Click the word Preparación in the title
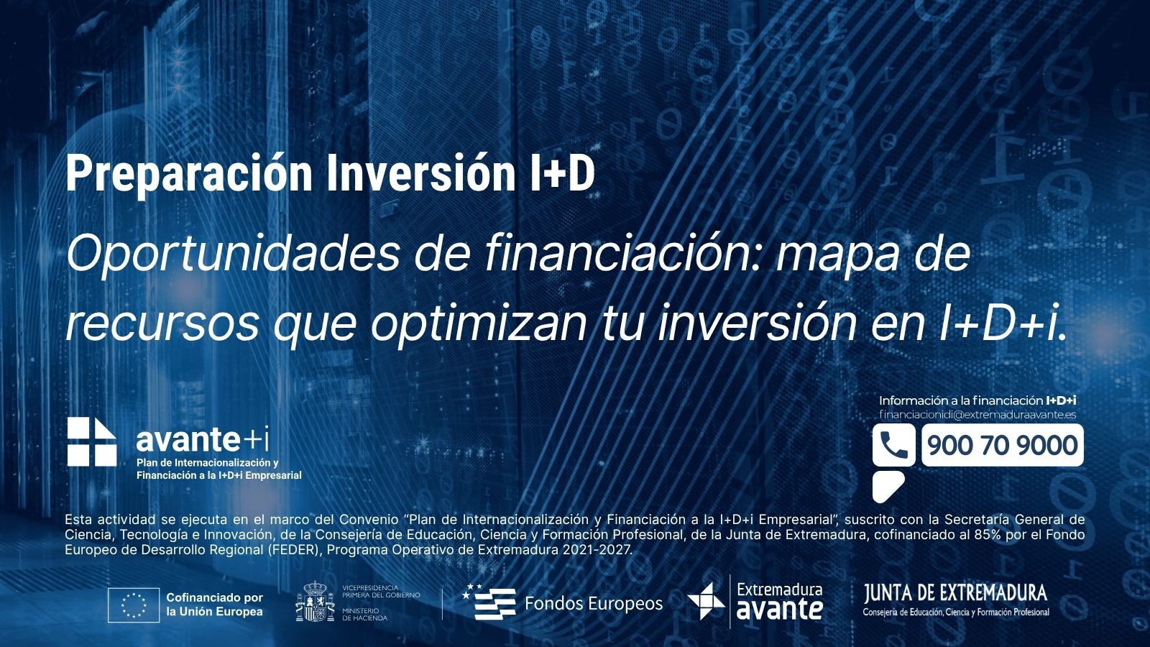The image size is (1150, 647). [189, 175]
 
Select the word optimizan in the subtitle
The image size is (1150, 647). [479, 325]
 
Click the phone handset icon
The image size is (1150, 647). [894, 445]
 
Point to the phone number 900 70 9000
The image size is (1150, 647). [1003, 445]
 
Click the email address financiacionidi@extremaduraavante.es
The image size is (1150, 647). [977, 414]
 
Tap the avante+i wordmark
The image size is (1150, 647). [202, 439]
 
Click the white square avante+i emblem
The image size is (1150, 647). [92, 441]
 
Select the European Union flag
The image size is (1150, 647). [134, 605]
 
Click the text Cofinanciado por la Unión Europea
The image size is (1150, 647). [215, 605]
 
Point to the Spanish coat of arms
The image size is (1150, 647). [315, 601]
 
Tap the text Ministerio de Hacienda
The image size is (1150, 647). [365, 614]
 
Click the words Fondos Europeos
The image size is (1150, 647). [594, 603]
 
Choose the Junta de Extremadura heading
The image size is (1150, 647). [955, 593]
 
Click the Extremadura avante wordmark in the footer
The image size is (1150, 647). [779, 601]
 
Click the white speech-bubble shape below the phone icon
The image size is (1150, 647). [887, 486]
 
